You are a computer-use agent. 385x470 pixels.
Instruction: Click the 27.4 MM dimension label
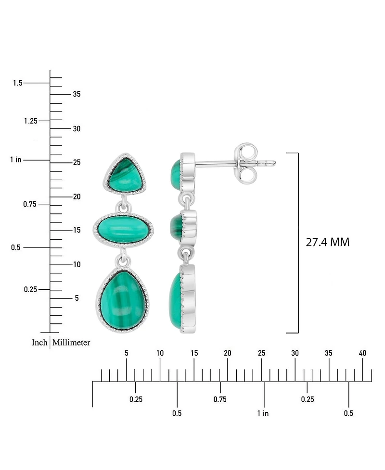[327, 242]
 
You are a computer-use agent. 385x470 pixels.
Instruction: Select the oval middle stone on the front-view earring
[123, 229]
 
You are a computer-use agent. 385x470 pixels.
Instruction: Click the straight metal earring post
[217, 163]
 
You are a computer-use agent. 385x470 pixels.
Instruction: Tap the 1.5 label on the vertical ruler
[17, 83]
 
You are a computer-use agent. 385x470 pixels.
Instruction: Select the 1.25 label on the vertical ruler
[30, 121]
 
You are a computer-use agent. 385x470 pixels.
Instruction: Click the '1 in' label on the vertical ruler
[15, 160]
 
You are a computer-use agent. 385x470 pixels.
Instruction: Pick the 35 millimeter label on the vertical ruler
[76, 94]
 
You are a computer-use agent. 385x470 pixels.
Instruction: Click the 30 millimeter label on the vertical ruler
[76, 129]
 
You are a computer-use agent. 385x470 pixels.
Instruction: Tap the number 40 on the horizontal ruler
[362, 353]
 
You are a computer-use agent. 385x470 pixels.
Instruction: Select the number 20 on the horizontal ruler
[228, 353]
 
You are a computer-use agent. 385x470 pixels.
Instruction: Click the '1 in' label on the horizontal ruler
[263, 413]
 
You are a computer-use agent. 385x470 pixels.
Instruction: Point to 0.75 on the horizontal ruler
[220, 399]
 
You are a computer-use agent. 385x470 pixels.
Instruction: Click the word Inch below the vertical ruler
[39, 343]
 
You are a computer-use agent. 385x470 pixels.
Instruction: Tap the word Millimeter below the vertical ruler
[71, 343]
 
